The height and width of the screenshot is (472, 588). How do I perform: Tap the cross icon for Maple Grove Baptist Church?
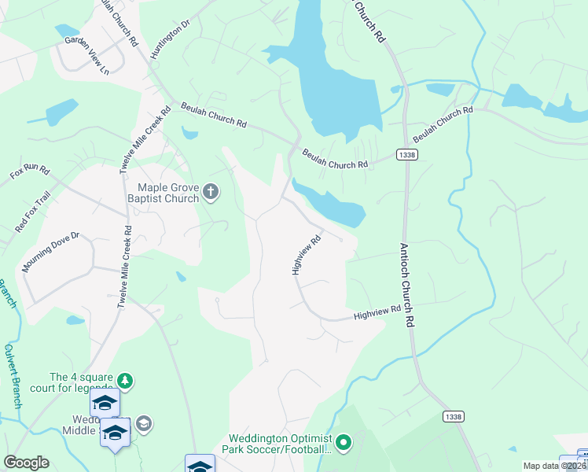[210, 191]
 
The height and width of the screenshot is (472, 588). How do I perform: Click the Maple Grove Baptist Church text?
[167, 193]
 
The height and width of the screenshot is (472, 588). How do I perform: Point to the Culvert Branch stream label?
[11, 375]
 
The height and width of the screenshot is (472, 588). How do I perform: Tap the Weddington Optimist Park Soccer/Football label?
[278, 444]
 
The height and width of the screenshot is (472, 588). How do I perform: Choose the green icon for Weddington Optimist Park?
[344, 443]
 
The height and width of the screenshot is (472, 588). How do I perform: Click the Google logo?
[26, 462]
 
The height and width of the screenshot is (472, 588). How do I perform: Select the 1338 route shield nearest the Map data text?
[453, 416]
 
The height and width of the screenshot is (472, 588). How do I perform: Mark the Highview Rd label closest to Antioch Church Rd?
[378, 313]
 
